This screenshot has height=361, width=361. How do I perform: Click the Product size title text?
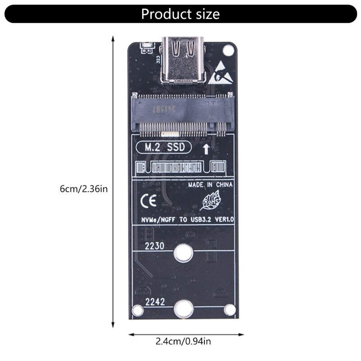[x=180, y=14]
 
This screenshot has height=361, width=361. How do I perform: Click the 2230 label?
[x=154, y=247]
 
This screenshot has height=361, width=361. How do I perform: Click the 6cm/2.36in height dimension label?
[x=83, y=189]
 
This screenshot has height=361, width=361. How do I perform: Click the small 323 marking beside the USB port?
[x=158, y=60]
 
